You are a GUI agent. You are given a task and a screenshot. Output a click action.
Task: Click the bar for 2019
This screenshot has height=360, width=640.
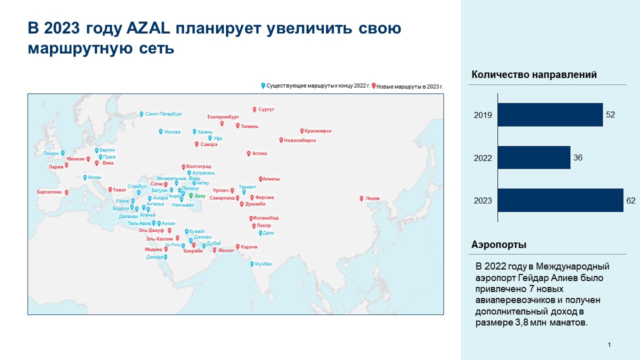[x=550, y=114]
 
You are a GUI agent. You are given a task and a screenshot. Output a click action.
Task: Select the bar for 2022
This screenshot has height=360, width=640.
[x=534, y=157]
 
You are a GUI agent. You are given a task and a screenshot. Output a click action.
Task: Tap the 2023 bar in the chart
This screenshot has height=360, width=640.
[x=560, y=200]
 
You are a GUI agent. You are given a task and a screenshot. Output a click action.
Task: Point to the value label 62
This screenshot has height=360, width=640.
[x=630, y=200]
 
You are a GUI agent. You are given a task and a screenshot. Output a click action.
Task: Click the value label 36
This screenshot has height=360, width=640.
[x=577, y=157]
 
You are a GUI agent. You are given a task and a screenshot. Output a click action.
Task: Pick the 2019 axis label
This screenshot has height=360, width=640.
[x=483, y=115]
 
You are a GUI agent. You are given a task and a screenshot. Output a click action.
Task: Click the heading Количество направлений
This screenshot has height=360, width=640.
[x=534, y=75]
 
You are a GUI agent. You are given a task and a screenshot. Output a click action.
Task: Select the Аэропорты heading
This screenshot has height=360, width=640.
[x=498, y=245]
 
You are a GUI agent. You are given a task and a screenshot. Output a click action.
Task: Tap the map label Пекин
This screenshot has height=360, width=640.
[x=372, y=198]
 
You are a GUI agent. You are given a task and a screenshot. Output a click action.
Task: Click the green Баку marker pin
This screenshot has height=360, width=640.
[x=190, y=195]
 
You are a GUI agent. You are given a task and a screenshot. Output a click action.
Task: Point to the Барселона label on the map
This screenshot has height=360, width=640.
[x=49, y=192]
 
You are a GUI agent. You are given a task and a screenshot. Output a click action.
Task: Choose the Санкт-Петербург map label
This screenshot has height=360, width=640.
[x=163, y=114]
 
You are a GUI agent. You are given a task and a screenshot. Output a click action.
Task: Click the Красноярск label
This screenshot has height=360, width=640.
[x=318, y=131]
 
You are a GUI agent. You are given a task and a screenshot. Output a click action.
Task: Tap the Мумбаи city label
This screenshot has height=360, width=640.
[x=263, y=264]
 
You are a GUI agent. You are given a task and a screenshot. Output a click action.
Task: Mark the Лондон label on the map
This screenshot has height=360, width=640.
[x=51, y=153]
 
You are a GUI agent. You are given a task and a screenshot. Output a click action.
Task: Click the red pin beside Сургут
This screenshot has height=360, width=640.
[x=254, y=109]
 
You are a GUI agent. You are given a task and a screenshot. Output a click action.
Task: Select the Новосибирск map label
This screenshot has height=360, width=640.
[x=299, y=140]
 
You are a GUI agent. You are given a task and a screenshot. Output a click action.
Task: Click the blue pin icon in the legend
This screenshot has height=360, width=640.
[x=263, y=85]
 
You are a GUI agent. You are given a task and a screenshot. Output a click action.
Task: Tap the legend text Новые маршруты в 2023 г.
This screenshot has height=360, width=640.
[x=409, y=86]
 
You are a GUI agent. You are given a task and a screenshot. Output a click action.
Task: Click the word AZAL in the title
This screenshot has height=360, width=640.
[x=139, y=28]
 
